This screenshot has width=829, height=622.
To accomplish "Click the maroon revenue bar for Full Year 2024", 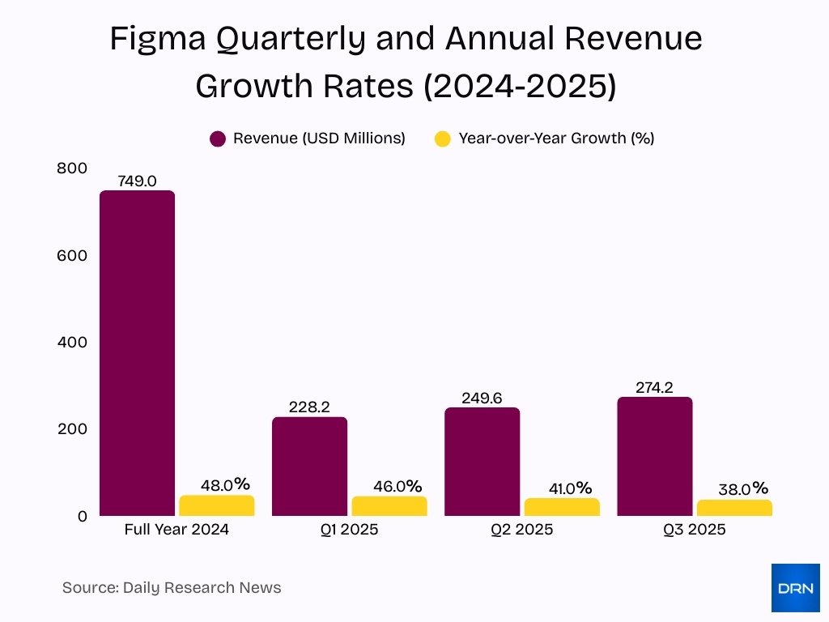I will point(137,353).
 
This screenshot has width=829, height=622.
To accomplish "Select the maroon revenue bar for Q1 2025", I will point(309,466).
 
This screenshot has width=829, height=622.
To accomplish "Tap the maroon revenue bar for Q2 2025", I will point(482,462).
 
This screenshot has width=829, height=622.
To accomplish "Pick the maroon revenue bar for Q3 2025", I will point(654,456).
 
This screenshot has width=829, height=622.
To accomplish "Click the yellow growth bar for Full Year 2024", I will point(216,505).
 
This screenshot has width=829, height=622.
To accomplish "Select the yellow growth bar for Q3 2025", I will point(734,508).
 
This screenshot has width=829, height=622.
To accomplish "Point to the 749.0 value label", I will point(137,181).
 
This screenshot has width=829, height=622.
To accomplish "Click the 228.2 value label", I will point(309,407).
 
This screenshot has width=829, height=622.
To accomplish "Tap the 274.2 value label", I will point(654,387).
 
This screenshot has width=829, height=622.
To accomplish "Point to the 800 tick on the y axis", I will point(71,168).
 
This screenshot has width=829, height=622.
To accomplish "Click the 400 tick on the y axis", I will point(71,342).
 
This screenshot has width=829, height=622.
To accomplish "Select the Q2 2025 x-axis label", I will point(521,530).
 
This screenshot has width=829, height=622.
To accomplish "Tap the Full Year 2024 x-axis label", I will point(176,530).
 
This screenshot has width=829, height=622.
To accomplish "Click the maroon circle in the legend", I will point(217,138).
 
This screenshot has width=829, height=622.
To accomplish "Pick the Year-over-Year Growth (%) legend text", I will point(556,138).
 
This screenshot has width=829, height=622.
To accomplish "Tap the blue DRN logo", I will point(795,587).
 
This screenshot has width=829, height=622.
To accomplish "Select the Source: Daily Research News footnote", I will point(172,587).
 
